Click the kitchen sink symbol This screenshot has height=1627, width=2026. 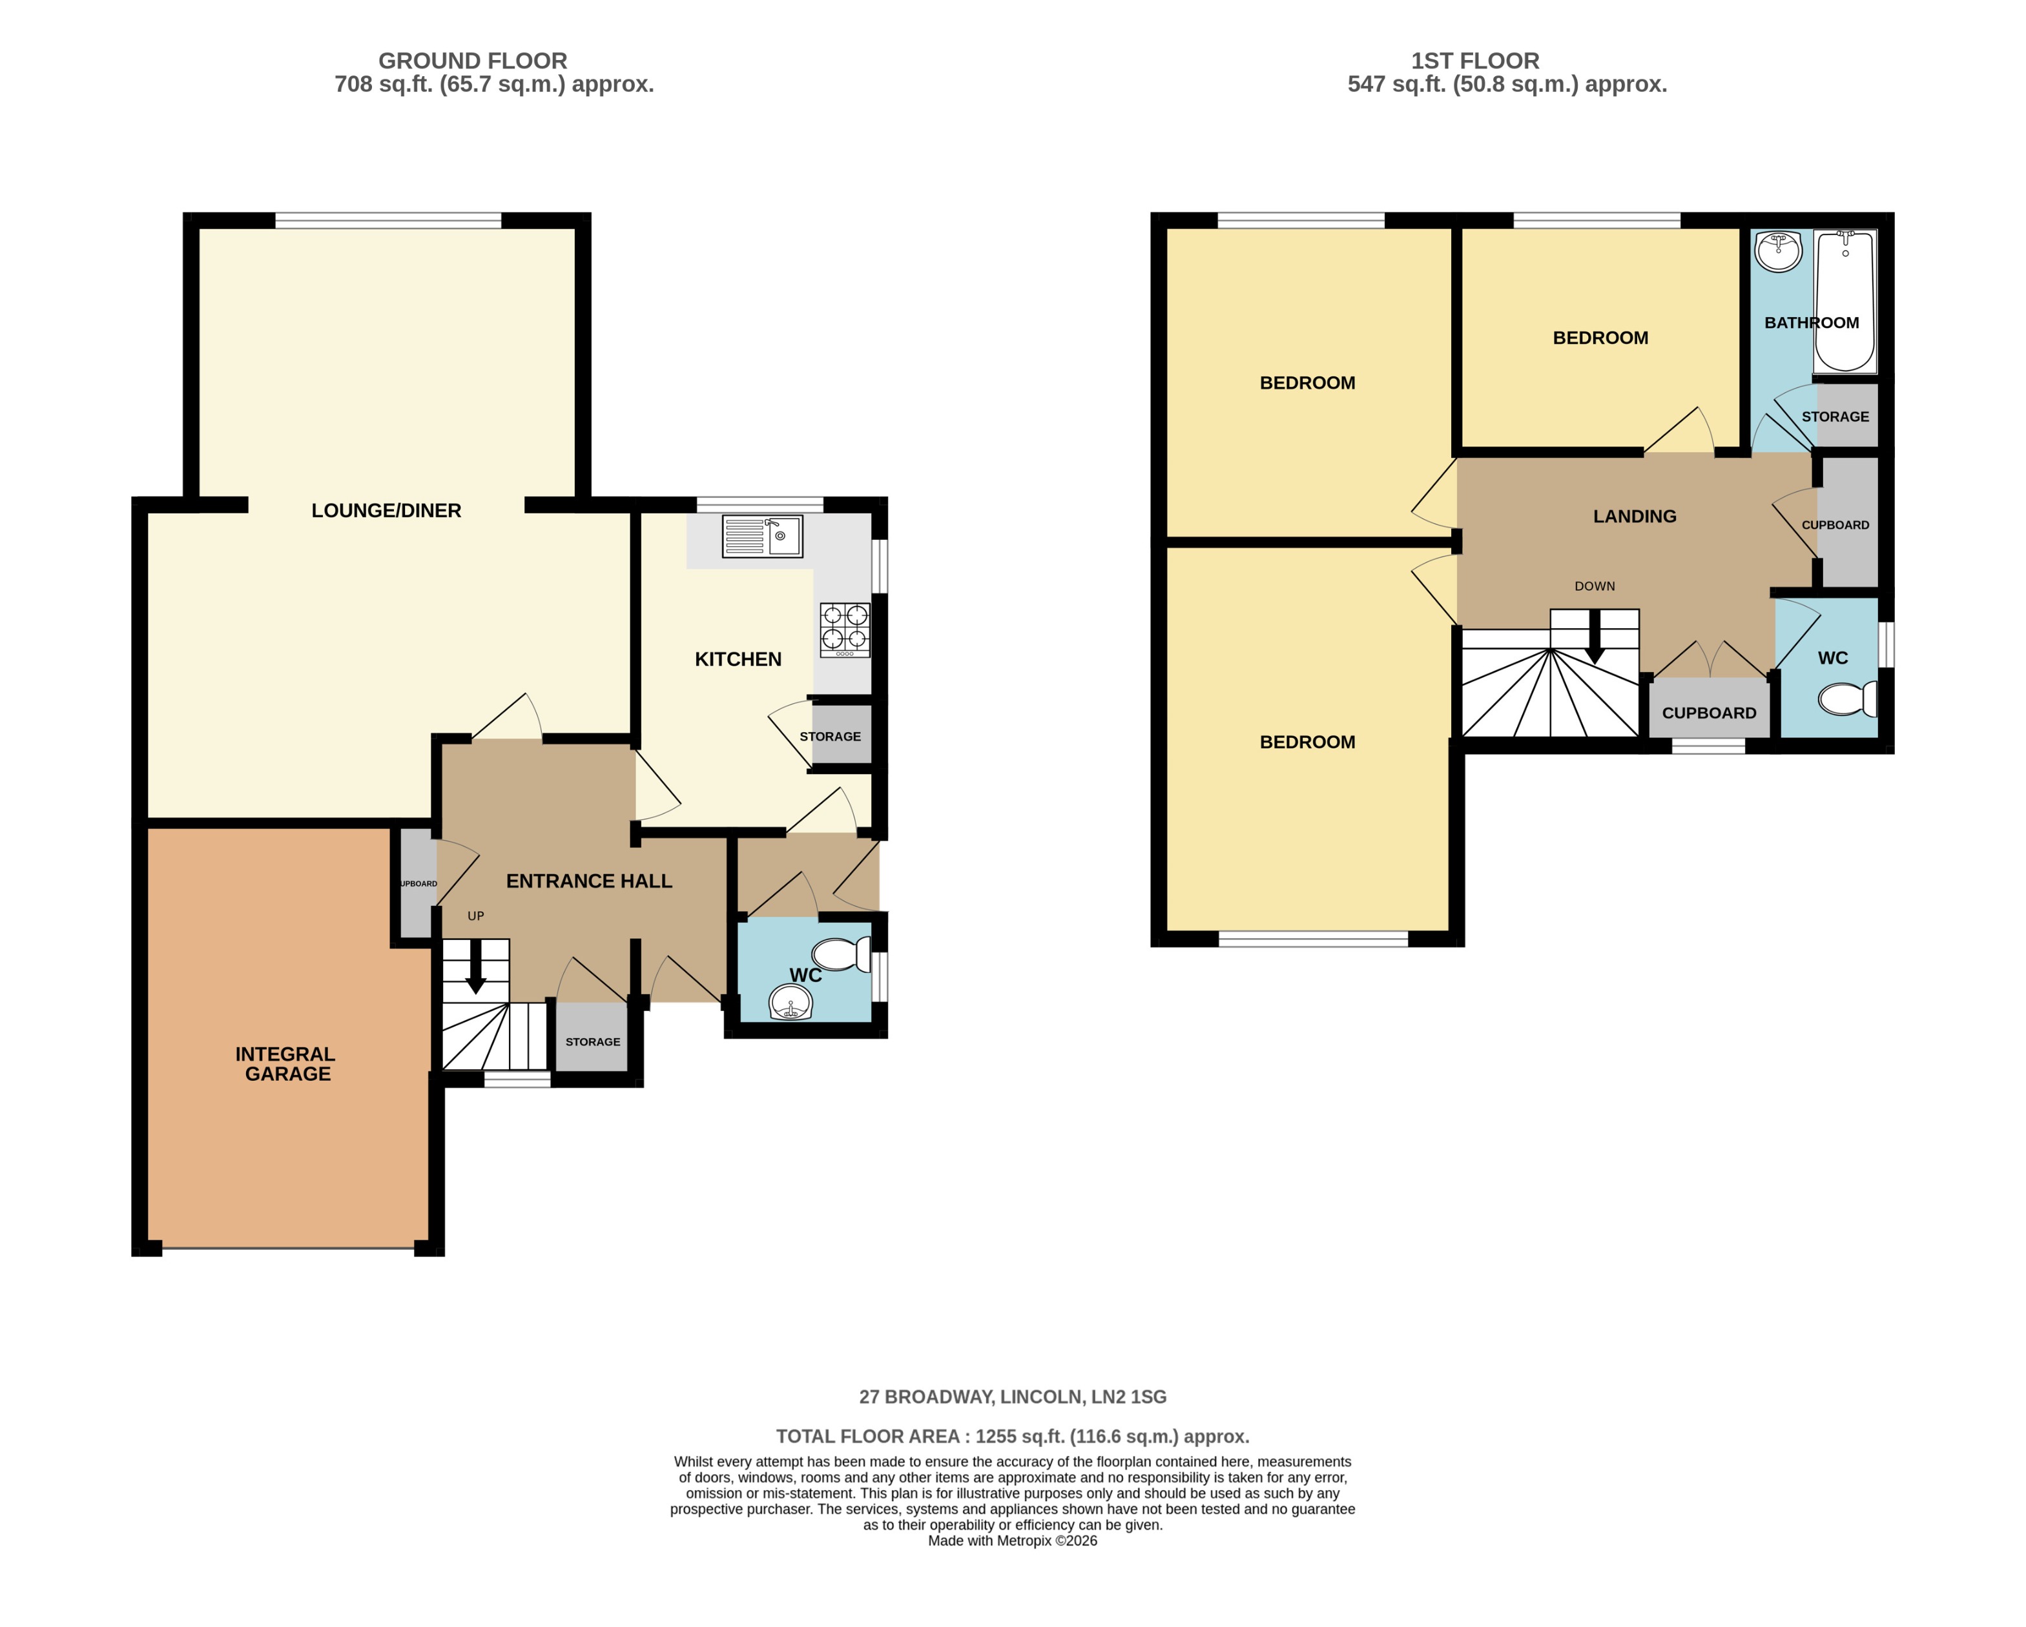pos(761,537)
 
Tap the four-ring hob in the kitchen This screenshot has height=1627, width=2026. pos(845,629)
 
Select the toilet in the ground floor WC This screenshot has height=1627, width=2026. pos(842,954)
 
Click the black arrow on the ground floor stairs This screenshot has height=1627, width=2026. pos(475,968)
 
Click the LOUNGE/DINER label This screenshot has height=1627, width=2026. pos(386,510)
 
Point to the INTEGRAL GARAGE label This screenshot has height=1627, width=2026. pos(285,1063)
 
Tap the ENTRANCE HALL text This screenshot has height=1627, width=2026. pos(589,881)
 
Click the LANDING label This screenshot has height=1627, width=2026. pos(1634,516)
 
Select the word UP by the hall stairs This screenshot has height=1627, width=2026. pos(475,916)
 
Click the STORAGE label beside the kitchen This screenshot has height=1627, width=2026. pos(830,737)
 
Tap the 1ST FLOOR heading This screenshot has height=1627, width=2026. pos(1474,61)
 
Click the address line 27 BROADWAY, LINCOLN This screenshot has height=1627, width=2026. pos(1012,1397)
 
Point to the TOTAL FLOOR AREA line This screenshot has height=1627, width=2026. pos(1012,1437)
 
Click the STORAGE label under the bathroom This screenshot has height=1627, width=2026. pos(1834,416)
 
